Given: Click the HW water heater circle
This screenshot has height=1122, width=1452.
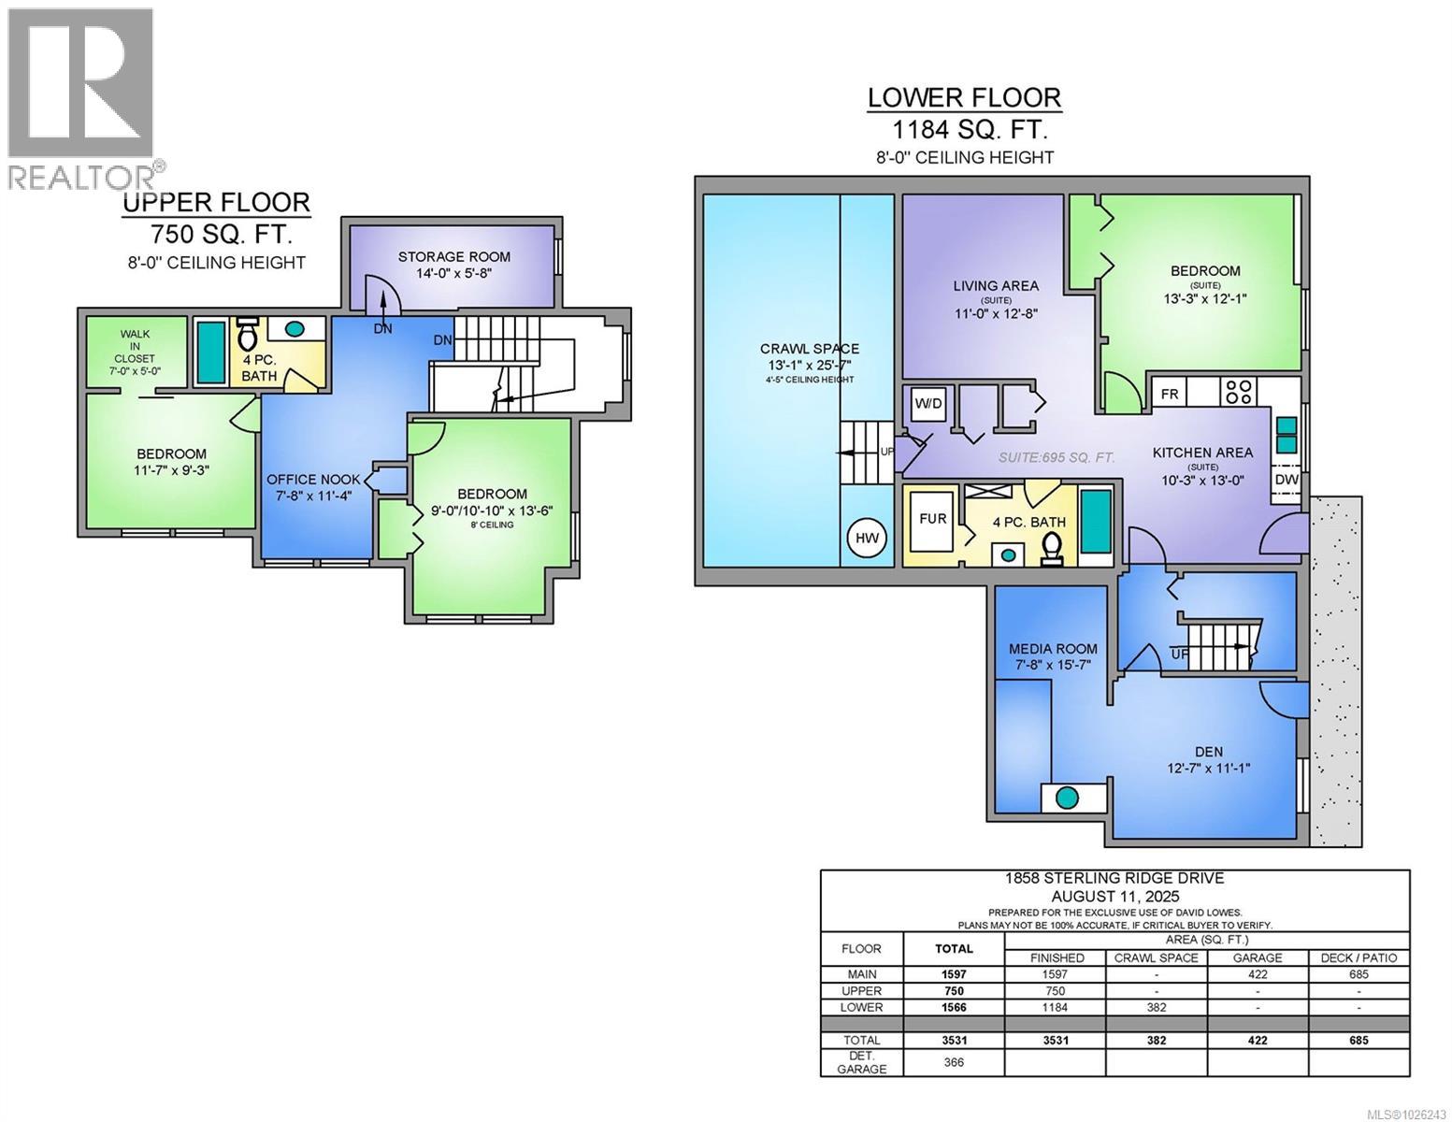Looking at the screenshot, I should pyautogui.click(x=866, y=538).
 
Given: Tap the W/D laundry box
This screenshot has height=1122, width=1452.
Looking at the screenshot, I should pyautogui.click(x=928, y=404).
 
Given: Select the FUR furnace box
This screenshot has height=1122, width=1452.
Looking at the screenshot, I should pyautogui.click(x=932, y=519).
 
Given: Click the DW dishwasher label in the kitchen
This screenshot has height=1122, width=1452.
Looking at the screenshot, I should pyautogui.click(x=1287, y=480).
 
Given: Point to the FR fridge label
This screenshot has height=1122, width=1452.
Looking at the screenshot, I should pyautogui.click(x=1170, y=394).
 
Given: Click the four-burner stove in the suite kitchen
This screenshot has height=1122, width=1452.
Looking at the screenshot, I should pyautogui.click(x=1239, y=390).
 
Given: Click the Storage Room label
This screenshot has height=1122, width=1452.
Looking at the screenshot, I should pyautogui.click(x=453, y=256).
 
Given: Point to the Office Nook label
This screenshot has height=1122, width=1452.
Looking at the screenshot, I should pyautogui.click(x=313, y=480).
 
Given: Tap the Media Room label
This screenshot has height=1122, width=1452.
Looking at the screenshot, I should pyautogui.click(x=1053, y=649).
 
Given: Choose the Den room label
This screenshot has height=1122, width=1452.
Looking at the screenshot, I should pyautogui.click(x=1208, y=751).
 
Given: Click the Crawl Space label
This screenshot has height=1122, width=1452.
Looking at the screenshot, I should pyautogui.click(x=809, y=349).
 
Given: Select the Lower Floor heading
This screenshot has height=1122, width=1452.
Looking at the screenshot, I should pyautogui.click(x=964, y=97).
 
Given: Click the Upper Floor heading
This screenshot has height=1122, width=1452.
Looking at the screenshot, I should pyautogui.click(x=216, y=202).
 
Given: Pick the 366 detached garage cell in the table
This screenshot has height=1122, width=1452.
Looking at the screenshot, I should pyautogui.click(x=954, y=1062).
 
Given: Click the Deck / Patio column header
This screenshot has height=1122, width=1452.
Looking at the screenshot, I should pyautogui.click(x=1359, y=957).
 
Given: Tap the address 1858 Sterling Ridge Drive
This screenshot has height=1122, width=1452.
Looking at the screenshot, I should pyautogui.click(x=1114, y=878).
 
